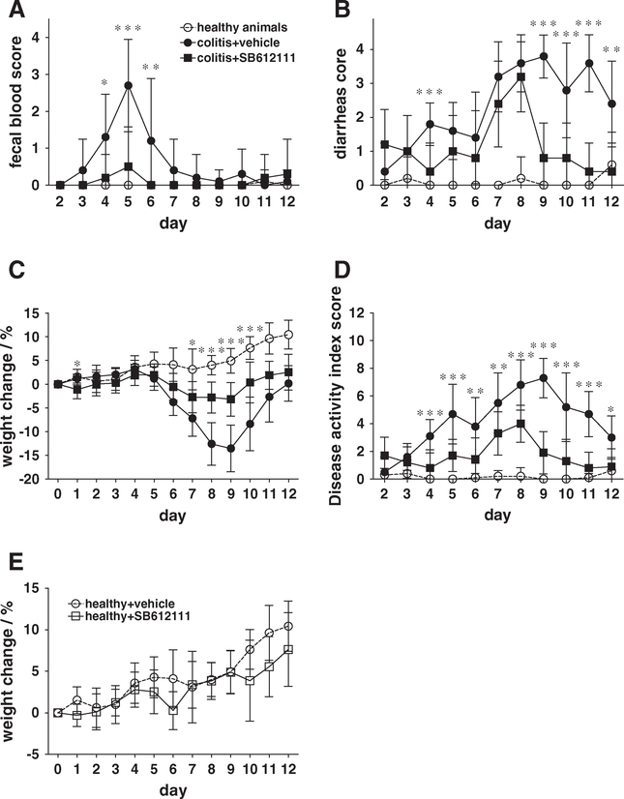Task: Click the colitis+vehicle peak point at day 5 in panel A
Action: coord(129,85)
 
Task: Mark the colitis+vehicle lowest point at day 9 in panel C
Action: coord(230,448)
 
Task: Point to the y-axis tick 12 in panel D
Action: coord(371,313)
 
